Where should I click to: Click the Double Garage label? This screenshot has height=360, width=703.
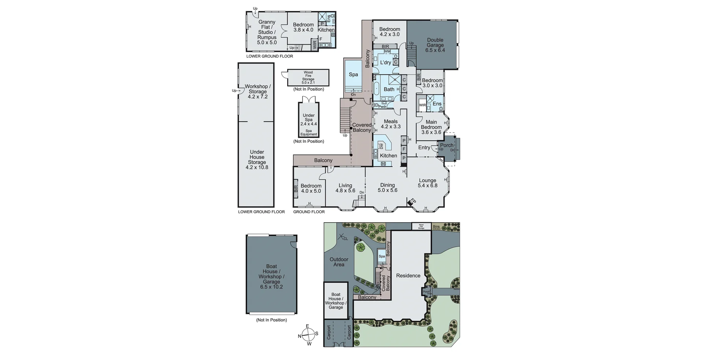[435, 45]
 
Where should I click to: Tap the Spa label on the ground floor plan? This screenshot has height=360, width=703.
[353, 75]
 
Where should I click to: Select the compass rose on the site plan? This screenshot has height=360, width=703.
[308, 334]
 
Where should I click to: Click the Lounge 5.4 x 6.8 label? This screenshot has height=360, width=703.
[427, 183]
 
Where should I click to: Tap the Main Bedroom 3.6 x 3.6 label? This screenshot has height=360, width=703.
[431, 127]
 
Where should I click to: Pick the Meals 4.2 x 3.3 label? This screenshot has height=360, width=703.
[390, 124]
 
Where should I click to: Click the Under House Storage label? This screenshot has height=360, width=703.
[257, 160]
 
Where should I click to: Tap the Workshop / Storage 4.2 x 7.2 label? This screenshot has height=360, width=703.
[257, 92]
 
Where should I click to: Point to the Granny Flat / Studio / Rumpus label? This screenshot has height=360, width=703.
[267, 32]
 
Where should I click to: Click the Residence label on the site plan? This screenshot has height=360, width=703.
[408, 276]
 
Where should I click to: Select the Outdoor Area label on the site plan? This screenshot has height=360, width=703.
[339, 262]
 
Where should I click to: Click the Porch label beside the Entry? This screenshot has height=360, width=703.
[447, 145]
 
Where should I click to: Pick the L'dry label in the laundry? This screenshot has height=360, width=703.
[385, 63]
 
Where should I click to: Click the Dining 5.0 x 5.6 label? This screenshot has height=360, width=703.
[387, 188]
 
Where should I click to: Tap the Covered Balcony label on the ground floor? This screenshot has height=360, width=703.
[361, 127]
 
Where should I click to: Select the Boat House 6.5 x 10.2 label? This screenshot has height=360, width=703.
[271, 277]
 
